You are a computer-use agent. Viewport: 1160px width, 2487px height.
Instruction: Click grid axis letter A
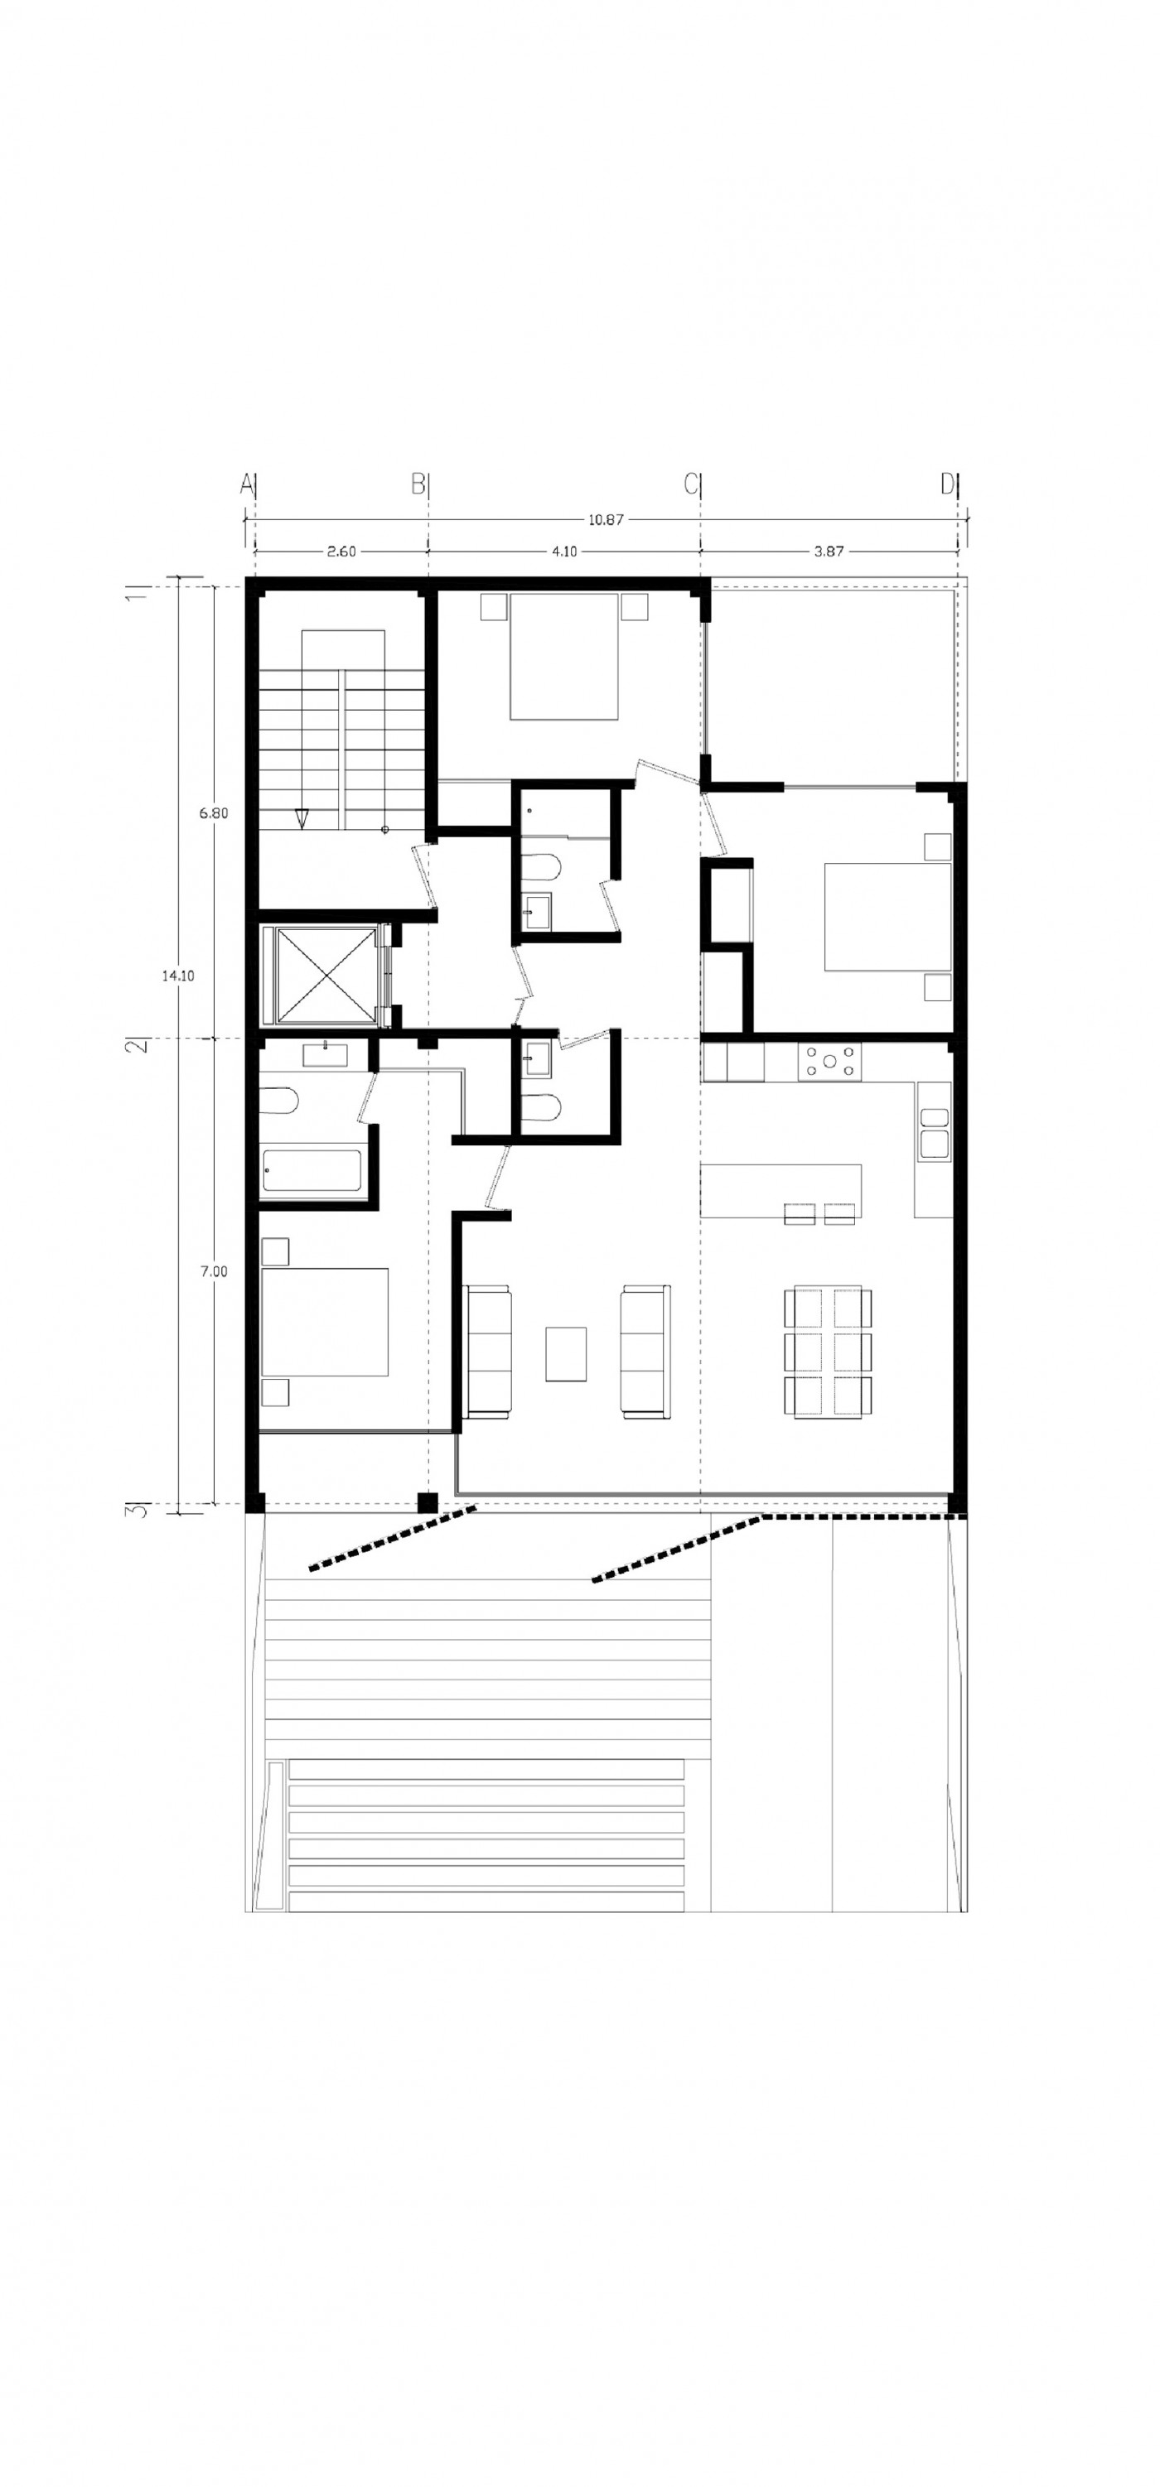click(246, 484)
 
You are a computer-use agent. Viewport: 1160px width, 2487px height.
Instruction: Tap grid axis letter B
click(418, 484)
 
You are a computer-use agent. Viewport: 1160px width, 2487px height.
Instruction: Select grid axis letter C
click(690, 484)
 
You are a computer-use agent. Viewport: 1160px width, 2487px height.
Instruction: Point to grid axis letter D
click(948, 484)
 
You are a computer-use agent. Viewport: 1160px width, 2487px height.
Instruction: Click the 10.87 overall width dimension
click(606, 519)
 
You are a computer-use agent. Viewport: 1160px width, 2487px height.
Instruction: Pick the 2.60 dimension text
click(341, 552)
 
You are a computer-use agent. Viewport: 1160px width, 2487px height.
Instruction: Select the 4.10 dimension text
click(564, 552)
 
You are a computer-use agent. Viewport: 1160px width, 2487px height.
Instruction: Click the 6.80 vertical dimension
click(214, 813)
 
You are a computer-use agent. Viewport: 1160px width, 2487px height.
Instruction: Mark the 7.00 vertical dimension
click(214, 1271)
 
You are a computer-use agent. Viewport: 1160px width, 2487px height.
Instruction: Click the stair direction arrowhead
click(302, 817)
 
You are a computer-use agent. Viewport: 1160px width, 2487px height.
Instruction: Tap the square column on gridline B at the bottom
click(426, 1502)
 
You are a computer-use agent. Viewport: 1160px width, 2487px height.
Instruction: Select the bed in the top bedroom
click(564, 657)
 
